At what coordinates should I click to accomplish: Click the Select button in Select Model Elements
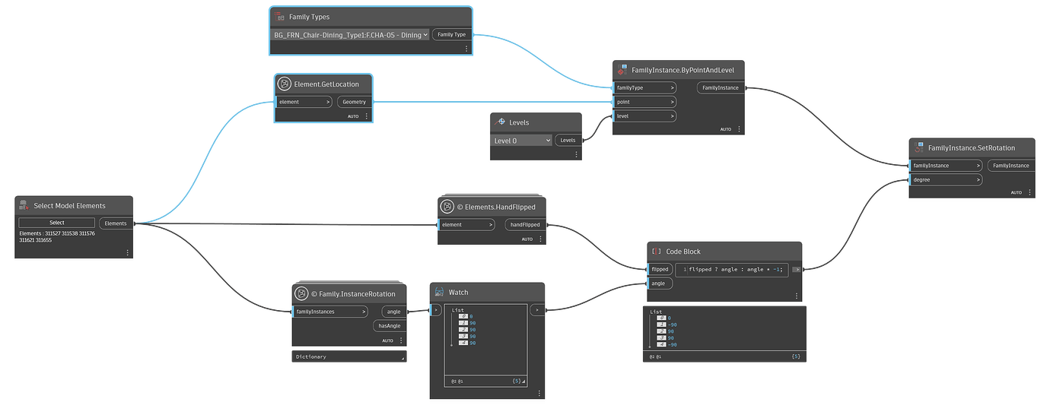(x=57, y=223)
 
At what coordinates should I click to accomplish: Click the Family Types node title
(x=309, y=17)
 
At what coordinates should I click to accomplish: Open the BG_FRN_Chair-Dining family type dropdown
(x=350, y=35)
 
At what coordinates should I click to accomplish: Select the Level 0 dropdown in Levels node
(x=522, y=141)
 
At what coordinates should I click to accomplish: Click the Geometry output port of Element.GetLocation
(x=354, y=102)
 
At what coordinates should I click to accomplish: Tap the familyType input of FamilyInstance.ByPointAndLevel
(x=644, y=87)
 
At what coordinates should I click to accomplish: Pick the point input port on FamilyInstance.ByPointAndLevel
(x=644, y=102)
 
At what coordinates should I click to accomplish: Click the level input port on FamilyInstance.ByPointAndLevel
(x=644, y=116)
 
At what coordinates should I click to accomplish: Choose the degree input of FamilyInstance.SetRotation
(x=945, y=180)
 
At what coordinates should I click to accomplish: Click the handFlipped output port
(x=525, y=225)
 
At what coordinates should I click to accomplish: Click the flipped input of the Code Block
(x=660, y=269)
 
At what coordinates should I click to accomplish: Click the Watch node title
(x=458, y=292)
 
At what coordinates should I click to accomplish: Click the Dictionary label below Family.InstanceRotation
(x=311, y=356)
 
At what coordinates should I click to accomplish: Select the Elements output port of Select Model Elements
(x=116, y=223)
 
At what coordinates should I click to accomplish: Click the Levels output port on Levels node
(x=568, y=140)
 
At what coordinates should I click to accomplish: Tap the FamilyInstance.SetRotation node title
(x=971, y=147)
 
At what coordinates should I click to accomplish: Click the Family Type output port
(x=451, y=34)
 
